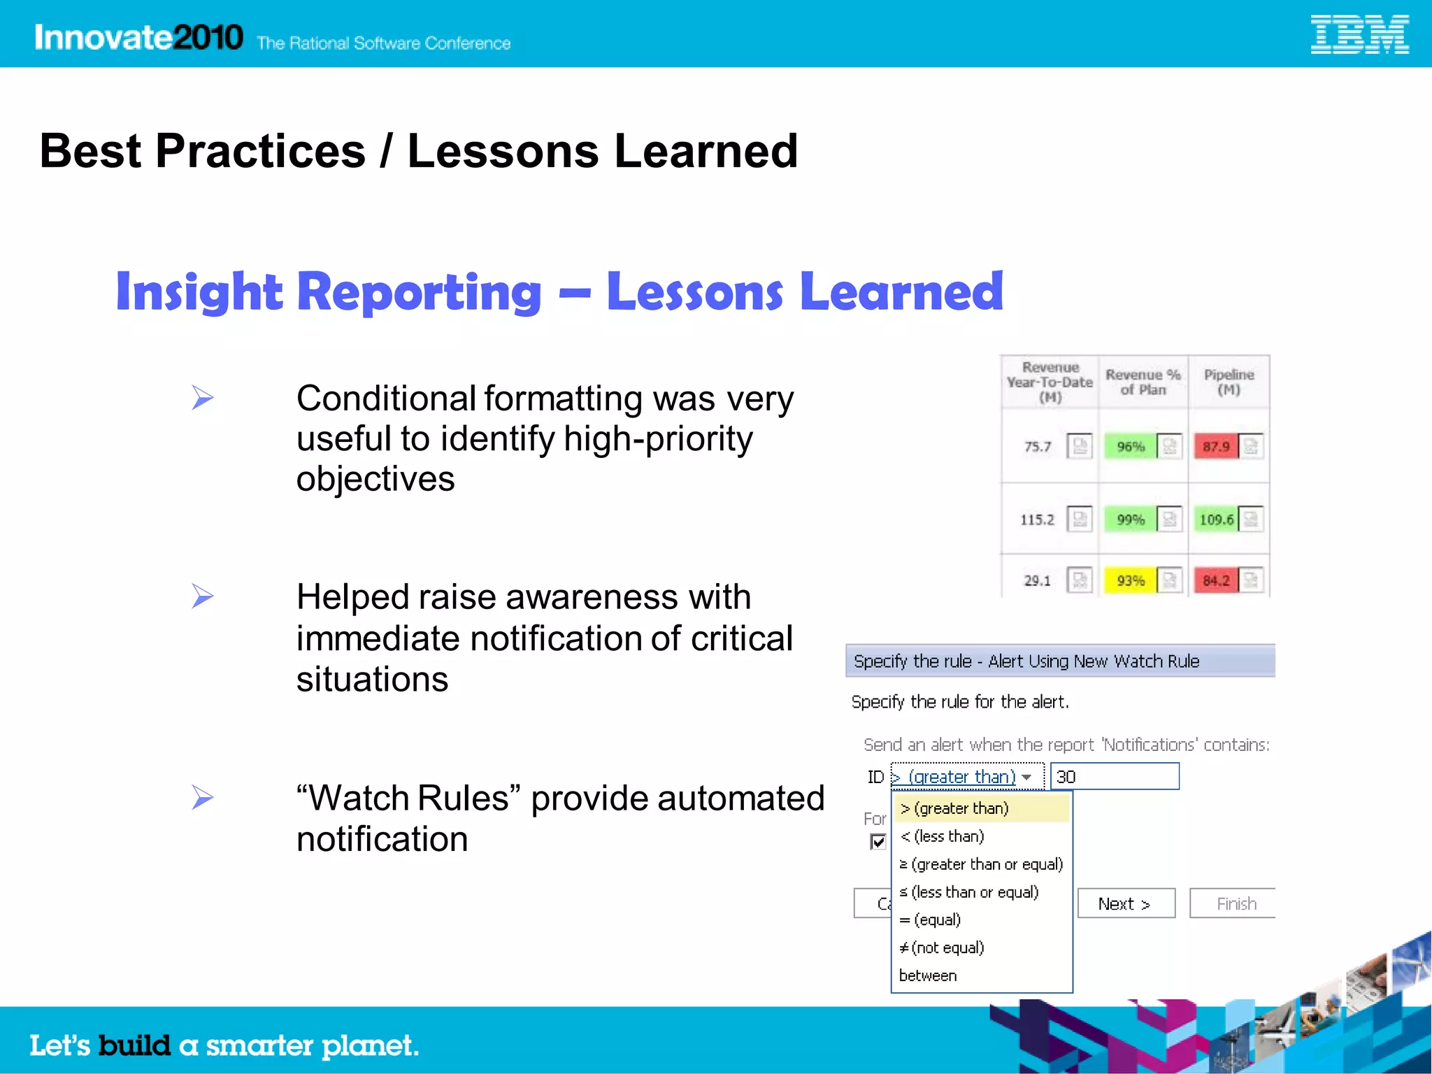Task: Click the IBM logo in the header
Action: click(1359, 35)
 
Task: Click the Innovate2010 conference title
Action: click(138, 37)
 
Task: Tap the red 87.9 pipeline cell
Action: click(1216, 446)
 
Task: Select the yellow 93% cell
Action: click(1130, 580)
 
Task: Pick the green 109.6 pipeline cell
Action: click(1216, 520)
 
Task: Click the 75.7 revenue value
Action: click(1038, 446)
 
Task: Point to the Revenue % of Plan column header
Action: click(1143, 382)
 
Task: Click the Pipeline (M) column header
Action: click(1229, 382)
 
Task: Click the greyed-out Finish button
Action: click(1235, 903)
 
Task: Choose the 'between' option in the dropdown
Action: click(928, 975)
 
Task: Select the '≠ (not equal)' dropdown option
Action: click(942, 947)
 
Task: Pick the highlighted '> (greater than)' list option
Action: click(955, 808)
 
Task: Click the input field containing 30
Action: click(1115, 777)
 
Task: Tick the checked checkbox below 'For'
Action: click(878, 841)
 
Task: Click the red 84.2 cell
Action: click(1216, 580)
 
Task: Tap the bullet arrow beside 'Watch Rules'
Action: click(202, 797)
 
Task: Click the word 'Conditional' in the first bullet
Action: click(386, 399)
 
